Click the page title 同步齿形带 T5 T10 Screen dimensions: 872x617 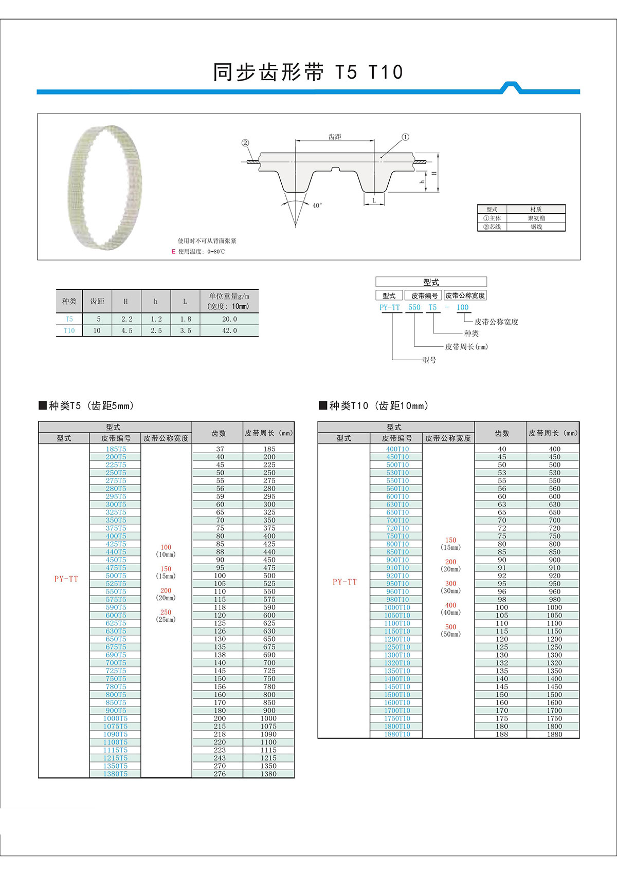[x=308, y=72]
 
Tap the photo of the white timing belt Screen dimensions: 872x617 [x=105, y=188]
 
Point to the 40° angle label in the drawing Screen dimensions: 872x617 [x=317, y=206]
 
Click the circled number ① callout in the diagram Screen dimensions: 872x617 [x=405, y=137]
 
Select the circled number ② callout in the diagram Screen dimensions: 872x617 [x=245, y=143]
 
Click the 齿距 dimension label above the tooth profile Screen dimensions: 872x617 [x=335, y=137]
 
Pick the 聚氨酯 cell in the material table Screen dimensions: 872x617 [x=536, y=218]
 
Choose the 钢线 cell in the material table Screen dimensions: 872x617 [x=536, y=227]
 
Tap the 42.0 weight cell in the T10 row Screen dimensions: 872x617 [x=229, y=330]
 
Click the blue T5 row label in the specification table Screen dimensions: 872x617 [x=69, y=319]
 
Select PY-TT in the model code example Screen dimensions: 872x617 [x=389, y=307]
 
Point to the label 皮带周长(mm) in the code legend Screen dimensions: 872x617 [x=466, y=347]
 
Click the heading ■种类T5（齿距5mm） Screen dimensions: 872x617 [x=87, y=406]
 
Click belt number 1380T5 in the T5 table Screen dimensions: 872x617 [x=115, y=774]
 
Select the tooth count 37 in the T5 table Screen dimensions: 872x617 [x=220, y=449]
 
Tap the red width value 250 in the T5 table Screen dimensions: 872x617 [x=166, y=613]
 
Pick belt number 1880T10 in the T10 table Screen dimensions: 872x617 [x=397, y=734]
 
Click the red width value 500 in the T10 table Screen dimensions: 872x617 [x=450, y=627]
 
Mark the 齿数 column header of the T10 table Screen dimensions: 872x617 [x=501, y=433]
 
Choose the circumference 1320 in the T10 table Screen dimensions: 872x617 [x=554, y=663]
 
